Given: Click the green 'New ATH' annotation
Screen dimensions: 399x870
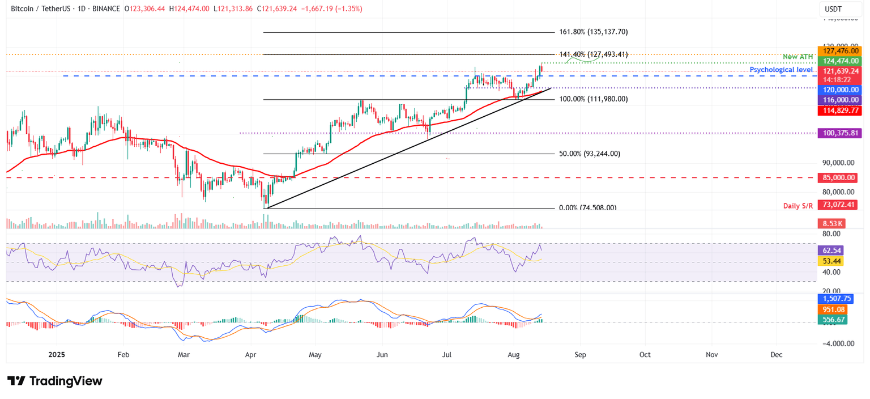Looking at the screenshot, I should pyautogui.click(x=797, y=57).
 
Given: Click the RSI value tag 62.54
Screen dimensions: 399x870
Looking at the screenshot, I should pyautogui.click(x=831, y=250).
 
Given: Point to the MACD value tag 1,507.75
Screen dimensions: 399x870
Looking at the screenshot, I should pyautogui.click(x=835, y=299).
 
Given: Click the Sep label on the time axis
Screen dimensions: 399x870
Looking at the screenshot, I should pyautogui.click(x=580, y=355).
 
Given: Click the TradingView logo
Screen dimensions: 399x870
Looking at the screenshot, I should pyautogui.click(x=55, y=381).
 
